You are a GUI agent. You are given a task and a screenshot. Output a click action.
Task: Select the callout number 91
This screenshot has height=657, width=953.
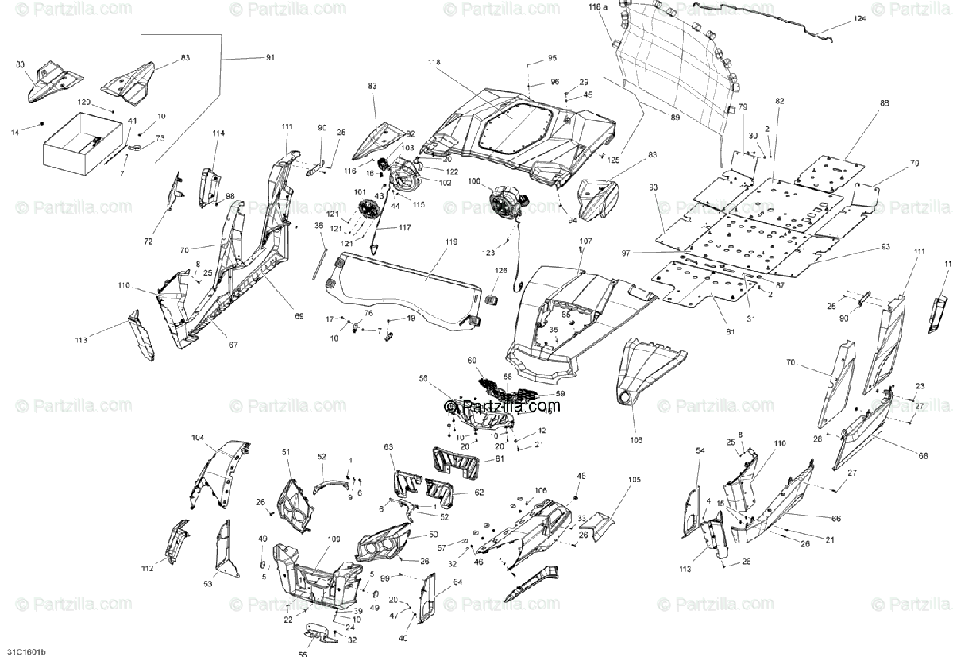tap(271, 57)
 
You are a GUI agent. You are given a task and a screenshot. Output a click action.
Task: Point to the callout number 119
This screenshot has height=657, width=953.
tap(451, 241)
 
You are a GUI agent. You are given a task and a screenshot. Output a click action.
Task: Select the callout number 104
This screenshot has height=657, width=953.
tap(198, 438)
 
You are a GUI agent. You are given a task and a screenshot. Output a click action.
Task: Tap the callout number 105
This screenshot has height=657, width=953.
tap(634, 480)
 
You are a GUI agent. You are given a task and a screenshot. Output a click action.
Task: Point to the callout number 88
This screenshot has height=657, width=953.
tap(862, 104)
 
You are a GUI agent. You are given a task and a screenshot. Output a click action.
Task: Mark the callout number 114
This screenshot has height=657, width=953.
tap(218, 133)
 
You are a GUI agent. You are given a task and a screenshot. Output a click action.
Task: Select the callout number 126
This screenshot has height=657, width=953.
tap(500, 271)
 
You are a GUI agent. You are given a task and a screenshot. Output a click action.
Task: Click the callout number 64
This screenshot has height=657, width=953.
tap(457, 583)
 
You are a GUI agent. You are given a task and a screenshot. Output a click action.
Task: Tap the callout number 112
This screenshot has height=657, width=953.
tap(147, 568)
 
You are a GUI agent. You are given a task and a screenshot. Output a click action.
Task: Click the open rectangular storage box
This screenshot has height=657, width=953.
tap(79, 143)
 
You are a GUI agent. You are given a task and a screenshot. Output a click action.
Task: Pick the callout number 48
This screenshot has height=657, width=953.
tap(581, 476)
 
